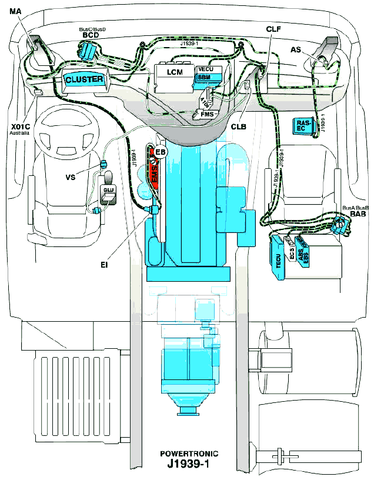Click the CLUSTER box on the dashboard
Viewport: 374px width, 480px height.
coord(84,79)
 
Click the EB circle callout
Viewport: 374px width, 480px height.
coord(160,152)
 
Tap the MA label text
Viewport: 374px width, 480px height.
coord(16,11)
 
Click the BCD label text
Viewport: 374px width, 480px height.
coord(90,36)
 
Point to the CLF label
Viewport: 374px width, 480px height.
coord(273,28)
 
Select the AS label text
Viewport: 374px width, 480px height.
coord(296,50)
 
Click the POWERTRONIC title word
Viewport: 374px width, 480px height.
coord(189,454)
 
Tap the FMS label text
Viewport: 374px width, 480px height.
coord(206,114)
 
